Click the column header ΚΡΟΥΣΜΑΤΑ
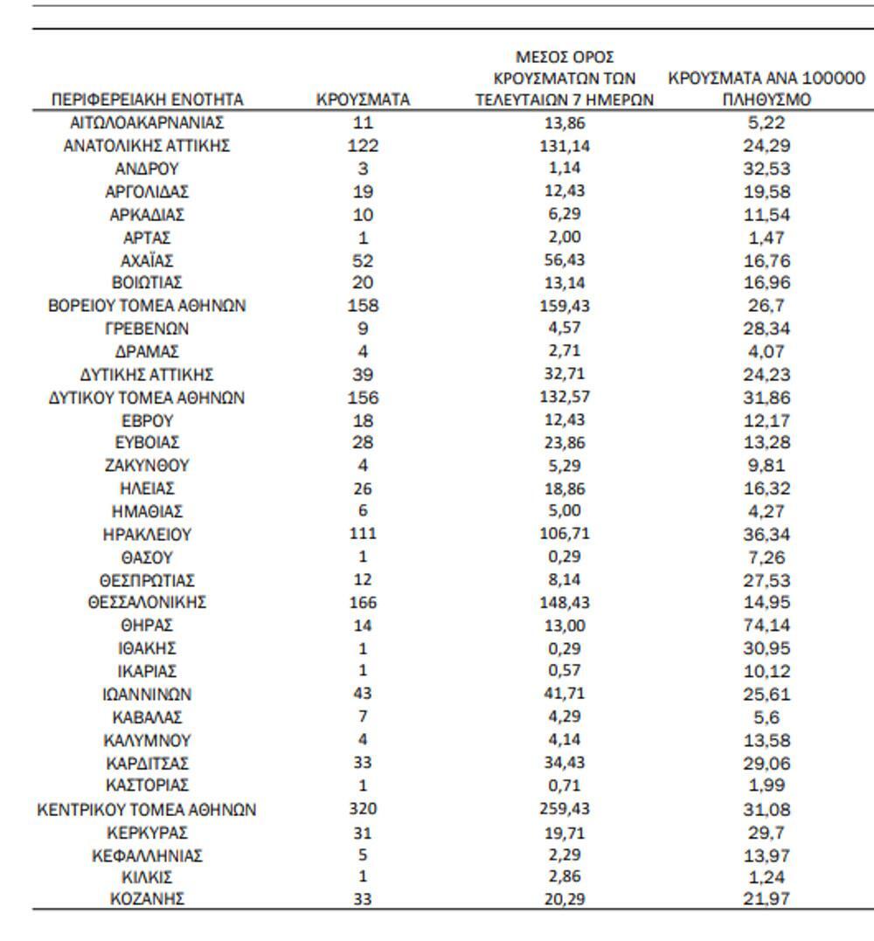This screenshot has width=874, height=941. coord(363,100)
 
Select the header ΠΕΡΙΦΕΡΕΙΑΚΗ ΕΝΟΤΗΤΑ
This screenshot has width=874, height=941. coord(147,100)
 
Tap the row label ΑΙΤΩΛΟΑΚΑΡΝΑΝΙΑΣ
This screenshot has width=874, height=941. coord(147,123)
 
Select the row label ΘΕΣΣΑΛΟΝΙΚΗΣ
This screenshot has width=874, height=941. coord(147,603)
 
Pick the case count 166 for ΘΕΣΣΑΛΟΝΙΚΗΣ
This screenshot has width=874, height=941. coord(363,603)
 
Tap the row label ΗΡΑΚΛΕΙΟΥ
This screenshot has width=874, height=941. coord(147,534)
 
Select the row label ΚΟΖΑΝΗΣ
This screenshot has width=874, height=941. coord(147,899)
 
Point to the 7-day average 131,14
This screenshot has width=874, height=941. coord(564,146)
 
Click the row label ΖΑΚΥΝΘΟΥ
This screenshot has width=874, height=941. coord(147,466)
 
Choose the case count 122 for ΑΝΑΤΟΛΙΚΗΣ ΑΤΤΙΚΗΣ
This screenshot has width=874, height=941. coord(363,146)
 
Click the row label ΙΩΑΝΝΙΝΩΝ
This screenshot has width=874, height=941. coord(147,695)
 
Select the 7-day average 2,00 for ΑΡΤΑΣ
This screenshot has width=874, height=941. coord(564,238)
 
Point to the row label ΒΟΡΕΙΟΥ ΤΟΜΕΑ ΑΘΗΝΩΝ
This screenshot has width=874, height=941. coord(147,306)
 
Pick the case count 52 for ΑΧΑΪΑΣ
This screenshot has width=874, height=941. coord(363,260)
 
